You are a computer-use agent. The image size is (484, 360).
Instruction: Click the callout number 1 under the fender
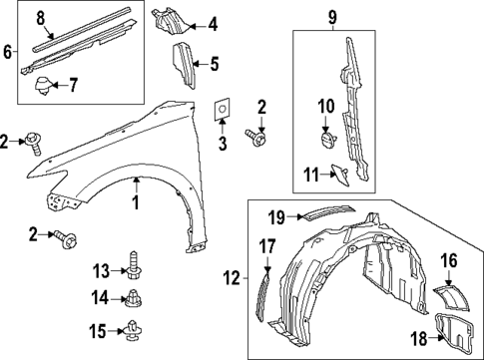[137, 202]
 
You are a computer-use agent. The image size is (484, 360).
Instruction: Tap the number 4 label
[212, 23]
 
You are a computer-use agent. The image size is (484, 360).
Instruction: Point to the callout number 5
[213, 65]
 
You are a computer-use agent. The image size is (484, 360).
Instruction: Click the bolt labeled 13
[134, 264]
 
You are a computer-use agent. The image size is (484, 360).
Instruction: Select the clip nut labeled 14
[134, 296]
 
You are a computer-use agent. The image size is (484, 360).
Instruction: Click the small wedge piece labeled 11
[339, 174]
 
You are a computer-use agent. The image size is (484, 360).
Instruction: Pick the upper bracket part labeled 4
[167, 21]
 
